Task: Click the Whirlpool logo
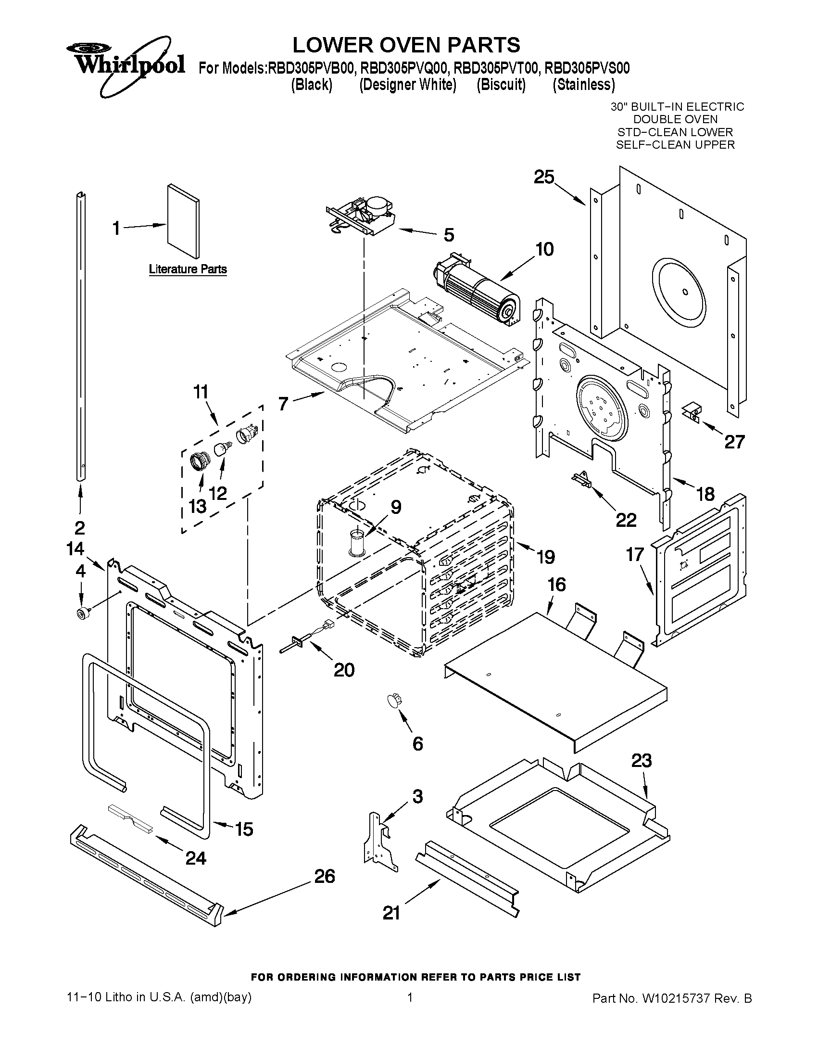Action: click(125, 64)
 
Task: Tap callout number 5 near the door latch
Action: click(449, 235)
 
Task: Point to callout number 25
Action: click(544, 178)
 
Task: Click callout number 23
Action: click(641, 760)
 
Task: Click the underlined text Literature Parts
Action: click(188, 269)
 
